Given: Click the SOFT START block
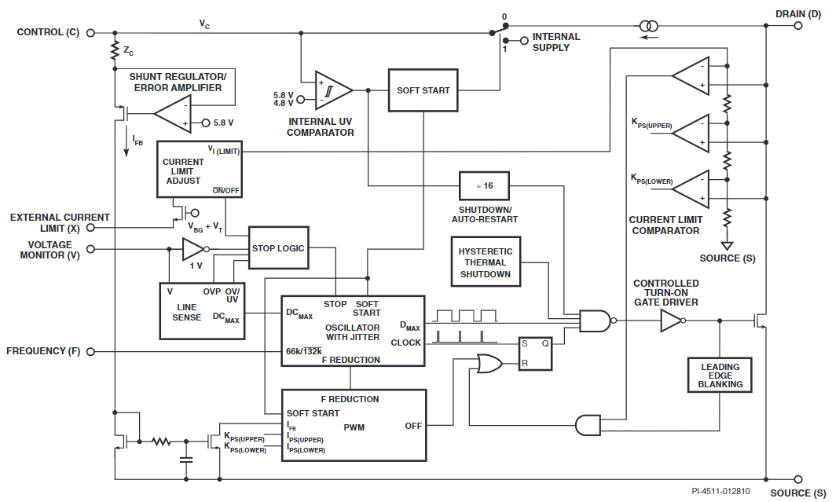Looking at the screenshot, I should click(423, 90).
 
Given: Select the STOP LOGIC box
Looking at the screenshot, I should click(277, 248).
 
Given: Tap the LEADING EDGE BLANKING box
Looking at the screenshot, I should click(720, 375).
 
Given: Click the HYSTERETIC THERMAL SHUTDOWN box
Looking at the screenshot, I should click(485, 263).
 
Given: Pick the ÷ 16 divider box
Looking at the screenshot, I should click(483, 185).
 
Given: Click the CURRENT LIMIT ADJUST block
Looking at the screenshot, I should click(199, 169).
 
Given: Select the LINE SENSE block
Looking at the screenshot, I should click(202, 311).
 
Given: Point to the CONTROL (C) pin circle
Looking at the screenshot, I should click(90, 33).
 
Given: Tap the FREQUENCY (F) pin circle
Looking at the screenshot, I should click(90, 351).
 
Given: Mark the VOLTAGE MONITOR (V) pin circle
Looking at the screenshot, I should click(90, 249).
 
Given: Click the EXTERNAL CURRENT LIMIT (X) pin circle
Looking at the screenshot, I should click(90, 228).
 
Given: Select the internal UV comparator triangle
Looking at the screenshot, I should click(333, 90).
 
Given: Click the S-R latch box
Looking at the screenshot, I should click(534, 354).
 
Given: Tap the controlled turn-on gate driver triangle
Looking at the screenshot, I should click(671, 321).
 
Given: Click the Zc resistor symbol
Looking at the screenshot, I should click(115, 50).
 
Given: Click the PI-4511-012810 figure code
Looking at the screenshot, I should click(720, 492).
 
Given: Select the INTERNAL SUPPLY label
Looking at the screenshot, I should click(556, 42).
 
